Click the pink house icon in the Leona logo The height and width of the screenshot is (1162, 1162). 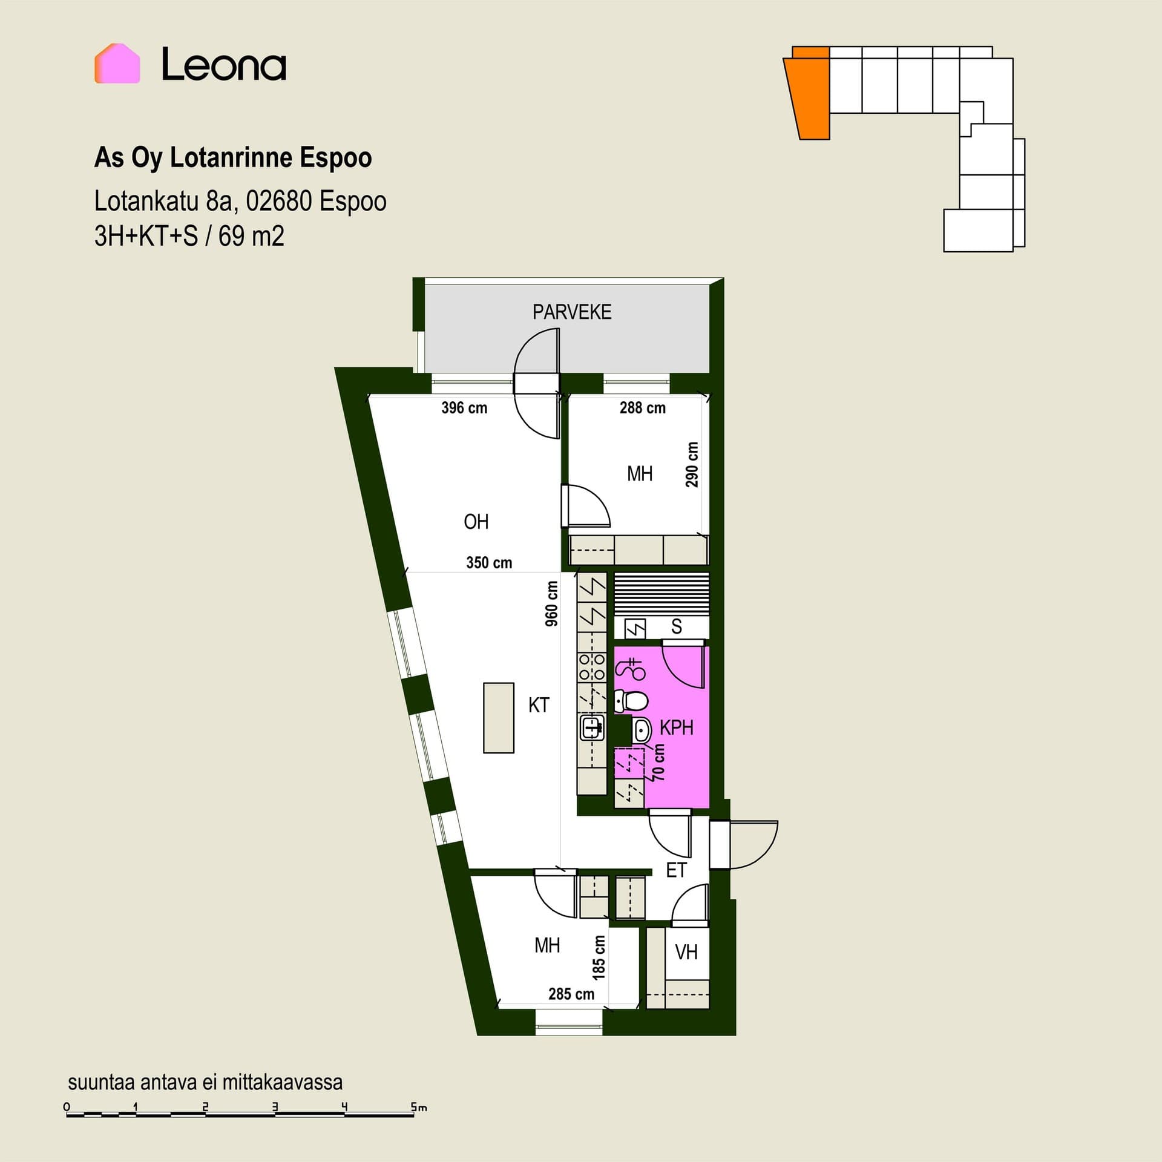(117, 64)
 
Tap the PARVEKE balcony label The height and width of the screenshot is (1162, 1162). (572, 312)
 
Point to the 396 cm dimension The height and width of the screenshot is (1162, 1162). (464, 408)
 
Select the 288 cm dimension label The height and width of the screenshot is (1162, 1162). (642, 408)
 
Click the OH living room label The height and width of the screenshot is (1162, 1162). (476, 522)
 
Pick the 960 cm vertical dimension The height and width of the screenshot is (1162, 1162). (551, 603)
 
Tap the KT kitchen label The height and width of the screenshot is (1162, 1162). (539, 705)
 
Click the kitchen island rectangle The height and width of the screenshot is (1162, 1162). (499, 718)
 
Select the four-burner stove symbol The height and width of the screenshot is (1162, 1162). (592, 666)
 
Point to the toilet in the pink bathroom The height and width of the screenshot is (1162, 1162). (631, 701)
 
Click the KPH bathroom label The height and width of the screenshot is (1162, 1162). (676, 727)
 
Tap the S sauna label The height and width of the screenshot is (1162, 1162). (676, 627)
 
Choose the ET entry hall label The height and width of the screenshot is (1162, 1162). (676, 870)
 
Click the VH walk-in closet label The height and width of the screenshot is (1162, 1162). (686, 953)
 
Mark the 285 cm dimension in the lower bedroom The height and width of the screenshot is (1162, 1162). (571, 994)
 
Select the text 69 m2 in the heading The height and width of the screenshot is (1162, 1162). (251, 236)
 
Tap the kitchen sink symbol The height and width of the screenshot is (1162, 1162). (592, 727)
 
